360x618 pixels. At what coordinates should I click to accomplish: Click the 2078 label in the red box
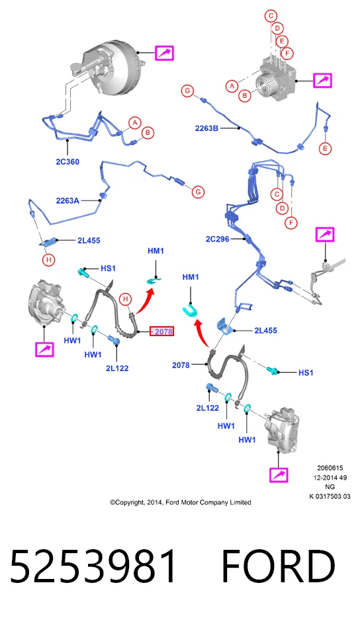[163, 331]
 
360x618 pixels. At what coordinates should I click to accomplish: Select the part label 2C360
[67, 161]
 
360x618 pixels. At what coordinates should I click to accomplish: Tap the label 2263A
[67, 200]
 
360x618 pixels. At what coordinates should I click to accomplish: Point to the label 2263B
[207, 128]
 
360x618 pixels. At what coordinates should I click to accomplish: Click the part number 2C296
[217, 239]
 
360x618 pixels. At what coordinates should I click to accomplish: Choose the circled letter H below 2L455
[48, 260]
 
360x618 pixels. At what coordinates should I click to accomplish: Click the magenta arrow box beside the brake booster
[164, 53]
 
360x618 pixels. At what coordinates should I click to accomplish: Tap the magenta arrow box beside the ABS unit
[322, 81]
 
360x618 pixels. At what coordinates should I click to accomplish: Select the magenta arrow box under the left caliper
[44, 349]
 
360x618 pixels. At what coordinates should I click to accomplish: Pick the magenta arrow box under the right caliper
[279, 474]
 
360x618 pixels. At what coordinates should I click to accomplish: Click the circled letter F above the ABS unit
[287, 53]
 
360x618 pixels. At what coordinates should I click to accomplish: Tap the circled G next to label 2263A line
[198, 192]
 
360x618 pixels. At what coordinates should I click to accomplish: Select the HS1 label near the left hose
[108, 269]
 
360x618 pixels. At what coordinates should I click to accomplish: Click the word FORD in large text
[279, 566]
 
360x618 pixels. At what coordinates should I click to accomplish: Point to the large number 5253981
[93, 566]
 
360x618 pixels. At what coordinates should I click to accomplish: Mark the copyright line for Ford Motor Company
[180, 502]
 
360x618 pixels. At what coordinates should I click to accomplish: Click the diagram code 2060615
[330, 468]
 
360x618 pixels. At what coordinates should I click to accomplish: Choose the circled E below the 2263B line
[326, 149]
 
